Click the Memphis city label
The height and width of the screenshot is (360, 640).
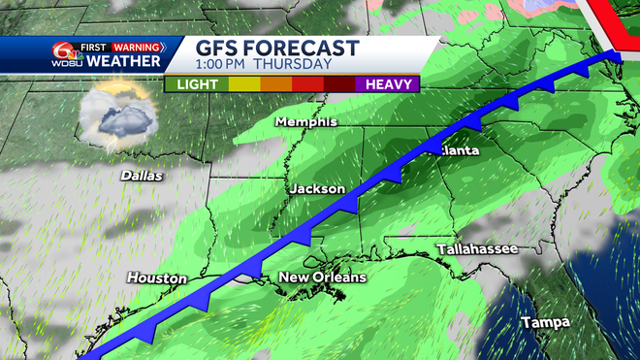click(x=305, y=122)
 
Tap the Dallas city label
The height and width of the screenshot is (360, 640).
click(x=141, y=177)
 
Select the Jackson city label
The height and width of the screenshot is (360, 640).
click(x=316, y=188)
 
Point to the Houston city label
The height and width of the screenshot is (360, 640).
click(x=156, y=278)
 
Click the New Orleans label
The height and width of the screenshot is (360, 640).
click(x=323, y=278)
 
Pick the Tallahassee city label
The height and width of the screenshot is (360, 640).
click(x=475, y=249)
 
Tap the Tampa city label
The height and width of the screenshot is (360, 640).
click(x=544, y=321)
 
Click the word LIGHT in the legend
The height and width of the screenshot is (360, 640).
click(x=197, y=84)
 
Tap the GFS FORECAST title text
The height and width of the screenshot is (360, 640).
click(x=277, y=49)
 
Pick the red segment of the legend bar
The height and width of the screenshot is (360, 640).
click(x=308, y=84)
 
